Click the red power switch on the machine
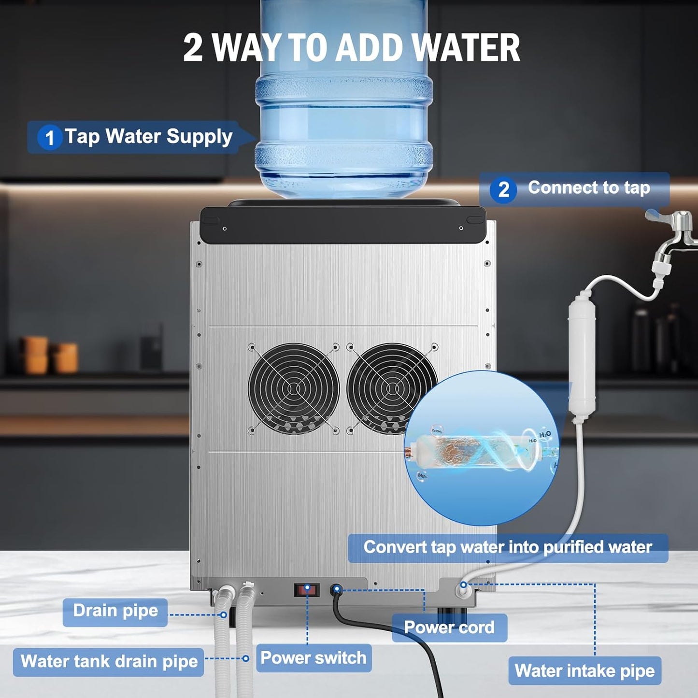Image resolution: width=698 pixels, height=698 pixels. click(307, 590)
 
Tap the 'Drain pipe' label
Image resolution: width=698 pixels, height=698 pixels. click(115, 611)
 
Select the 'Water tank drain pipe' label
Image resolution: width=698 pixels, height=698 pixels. click(109, 661)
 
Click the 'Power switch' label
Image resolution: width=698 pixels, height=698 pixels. click(313, 658)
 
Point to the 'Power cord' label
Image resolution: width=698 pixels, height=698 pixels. click(449, 627)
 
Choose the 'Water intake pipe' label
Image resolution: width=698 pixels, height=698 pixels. click(584, 670)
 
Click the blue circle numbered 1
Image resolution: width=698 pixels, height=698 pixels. click(49, 138)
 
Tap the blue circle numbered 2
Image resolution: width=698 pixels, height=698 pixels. click(503, 189)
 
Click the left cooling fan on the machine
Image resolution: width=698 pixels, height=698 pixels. click(293, 388)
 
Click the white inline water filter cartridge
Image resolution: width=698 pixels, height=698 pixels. click(582, 357)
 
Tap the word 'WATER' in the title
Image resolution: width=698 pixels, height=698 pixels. click(466, 48)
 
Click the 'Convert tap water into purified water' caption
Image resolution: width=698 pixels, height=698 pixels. click(508, 547)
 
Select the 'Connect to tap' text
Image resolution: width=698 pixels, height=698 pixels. click(588, 187)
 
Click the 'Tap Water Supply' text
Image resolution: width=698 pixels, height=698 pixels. click(149, 137)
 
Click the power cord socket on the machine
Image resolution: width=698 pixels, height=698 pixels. click(337, 589)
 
